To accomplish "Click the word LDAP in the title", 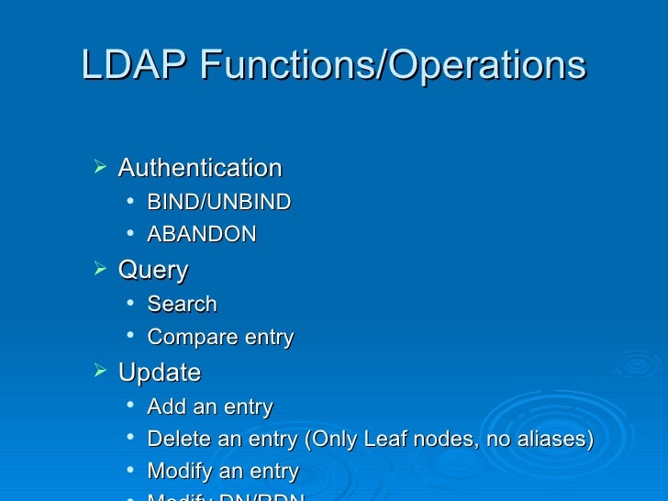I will (x=135, y=66).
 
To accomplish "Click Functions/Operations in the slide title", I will (x=392, y=66).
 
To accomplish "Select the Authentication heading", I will (x=200, y=169).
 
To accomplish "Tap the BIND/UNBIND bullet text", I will (x=219, y=202).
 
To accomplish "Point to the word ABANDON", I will (x=202, y=235).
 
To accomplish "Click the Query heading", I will (x=153, y=271).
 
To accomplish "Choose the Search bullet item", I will (x=182, y=305).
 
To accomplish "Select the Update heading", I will (x=160, y=373).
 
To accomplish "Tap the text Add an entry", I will (x=210, y=407).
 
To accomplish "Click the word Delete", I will (x=178, y=440).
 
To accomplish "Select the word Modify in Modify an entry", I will (x=178, y=472).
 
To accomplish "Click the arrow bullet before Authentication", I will (x=100, y=168).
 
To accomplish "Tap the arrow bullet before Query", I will (x=100, y=270).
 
